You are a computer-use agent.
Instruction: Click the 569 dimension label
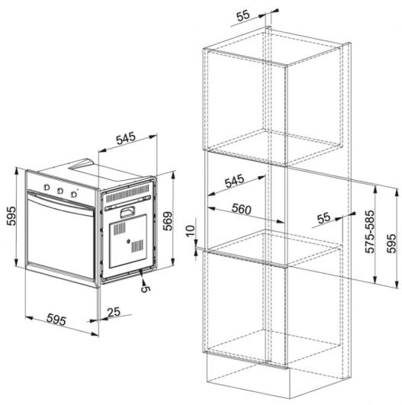(x=168, y=221)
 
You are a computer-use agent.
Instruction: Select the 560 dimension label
(x=241, y=209)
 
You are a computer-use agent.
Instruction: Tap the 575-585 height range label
(x=369, y=231)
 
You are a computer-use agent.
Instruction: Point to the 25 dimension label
(x=114, y=312)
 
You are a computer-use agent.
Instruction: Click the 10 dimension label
(x=190, y=231)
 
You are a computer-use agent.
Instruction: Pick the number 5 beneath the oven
(x=146, y=289)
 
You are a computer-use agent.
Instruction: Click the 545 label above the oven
(x=126, y=138)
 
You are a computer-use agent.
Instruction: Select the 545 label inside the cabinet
(x=234, y=181)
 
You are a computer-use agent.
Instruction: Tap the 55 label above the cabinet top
(x=243, y=16)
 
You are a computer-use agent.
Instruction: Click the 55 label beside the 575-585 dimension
(x=323, y=217)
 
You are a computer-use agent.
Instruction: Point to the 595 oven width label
(x=56, y=320)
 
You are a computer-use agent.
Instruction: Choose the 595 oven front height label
(x=11, y=216)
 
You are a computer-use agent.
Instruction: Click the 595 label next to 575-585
(x=391, y=243)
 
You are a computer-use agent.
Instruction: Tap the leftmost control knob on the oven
(x=47, y=188)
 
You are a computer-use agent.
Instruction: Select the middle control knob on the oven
(x=60, y=191)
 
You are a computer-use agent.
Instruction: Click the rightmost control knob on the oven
(x=74, y=194)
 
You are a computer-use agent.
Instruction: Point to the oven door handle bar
(x=61, y=201)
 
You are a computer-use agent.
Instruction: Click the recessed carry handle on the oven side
(x=127, y=212)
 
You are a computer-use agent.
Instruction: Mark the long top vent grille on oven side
(x=127, y=193)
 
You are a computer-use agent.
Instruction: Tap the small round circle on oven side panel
(x=128, y=241)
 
